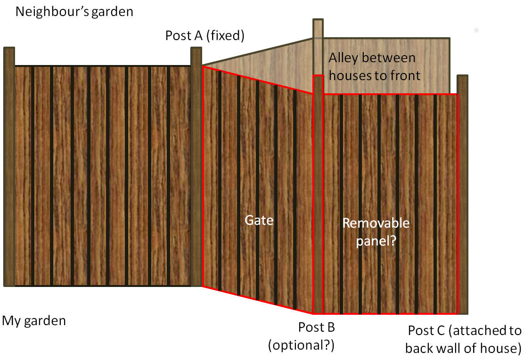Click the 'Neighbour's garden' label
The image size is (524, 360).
[x=74, y=11]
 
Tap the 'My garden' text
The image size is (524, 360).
[x=34, y=321]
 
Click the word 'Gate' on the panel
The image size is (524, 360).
[x=259, y=220]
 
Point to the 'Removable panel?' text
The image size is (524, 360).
[x=376, y=231]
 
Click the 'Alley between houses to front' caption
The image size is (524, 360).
[x=373, y=66]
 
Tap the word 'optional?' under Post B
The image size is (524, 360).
[x=301, y=345]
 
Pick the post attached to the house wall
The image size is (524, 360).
[x=463, y=193]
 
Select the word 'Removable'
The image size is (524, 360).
[x=376, y=223]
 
